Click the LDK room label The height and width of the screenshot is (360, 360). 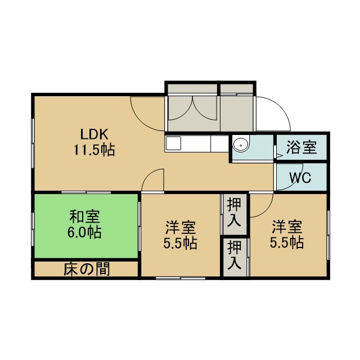pyautogui.click(x=94, y=134)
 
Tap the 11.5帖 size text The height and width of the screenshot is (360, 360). pyautogui.click(x=94, y=150)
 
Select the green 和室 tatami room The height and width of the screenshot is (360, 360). pyautogui.click(x=86, y=226)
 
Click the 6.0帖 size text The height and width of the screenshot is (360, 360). pyautogui.click(x=84, y=232)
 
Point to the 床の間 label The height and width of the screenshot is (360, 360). pyautogui.click(x=87, y=269)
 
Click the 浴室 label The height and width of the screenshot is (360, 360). pyautogui.click(x=301, y=147)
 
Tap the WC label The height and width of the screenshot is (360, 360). pyautogui.click(x=300, y=177)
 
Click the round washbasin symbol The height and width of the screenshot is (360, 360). pyautogui.click(x=241, y=145)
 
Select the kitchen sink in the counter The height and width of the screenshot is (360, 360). pyautogui.click(x=174, y=143)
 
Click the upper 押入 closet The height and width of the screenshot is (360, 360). pyautogui.click(x=234, y=214)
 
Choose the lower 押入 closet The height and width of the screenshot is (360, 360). pyautogui.click(x=235, y=258)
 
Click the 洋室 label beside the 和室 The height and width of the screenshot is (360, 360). pyautogui.click(x=181, y=227)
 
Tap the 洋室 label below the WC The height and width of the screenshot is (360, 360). pyautogui.click(x=287, y=226)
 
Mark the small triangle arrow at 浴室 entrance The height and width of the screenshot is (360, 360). pyautogui.click(x=280, y=155)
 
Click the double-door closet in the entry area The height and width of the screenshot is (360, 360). pyautogui.click(x=192, y=108)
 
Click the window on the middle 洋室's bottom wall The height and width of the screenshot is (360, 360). pyautogui.click(x=181, y=278)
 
